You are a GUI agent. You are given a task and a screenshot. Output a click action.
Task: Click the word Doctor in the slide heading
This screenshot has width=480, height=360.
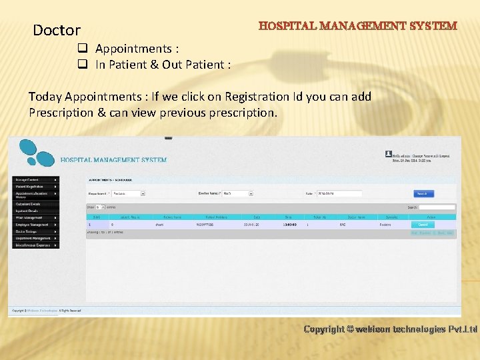click(57, 30)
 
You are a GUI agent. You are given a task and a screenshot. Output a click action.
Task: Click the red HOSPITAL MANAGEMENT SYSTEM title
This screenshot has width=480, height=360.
click(358, 26)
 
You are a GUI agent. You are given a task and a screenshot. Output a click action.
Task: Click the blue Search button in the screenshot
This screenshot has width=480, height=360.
click(423, 193)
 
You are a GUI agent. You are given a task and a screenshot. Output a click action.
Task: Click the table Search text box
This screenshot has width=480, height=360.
click(437, 207)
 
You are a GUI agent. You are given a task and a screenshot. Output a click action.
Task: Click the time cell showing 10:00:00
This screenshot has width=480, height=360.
click(289, 225)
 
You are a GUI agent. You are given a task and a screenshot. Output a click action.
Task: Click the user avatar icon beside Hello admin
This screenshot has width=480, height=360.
click(388, 153)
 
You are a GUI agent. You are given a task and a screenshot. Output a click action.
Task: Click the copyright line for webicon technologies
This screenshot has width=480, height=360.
click(390, 329)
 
